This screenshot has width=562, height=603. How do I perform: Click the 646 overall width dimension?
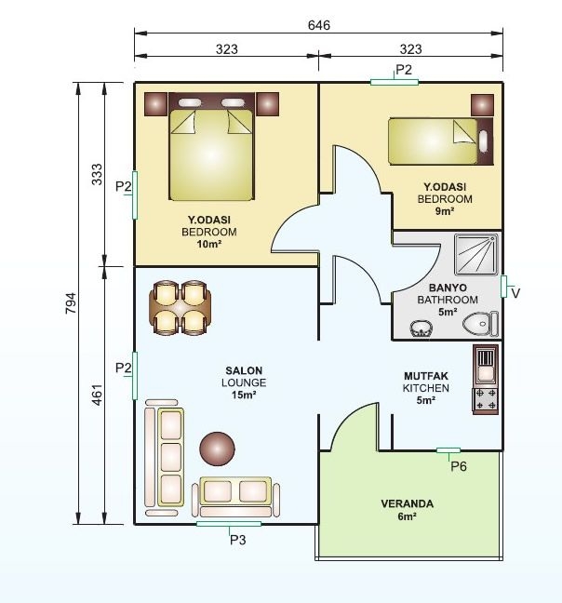click(x=318, y=25)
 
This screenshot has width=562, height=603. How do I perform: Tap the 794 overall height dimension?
click(x=71, y=303)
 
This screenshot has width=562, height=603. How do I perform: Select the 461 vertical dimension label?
click(x=98, y=395)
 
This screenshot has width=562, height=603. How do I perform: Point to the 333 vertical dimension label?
click(x=98, y=174)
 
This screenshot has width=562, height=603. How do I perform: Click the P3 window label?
click(x=237, y=540)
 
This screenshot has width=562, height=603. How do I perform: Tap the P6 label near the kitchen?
click(x=458, y=466)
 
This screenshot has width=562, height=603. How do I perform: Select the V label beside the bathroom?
click(x=515, y=293)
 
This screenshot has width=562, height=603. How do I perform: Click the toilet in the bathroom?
click(x=480, y=324)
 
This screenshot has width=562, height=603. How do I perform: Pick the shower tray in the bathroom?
click(x=475, y=254)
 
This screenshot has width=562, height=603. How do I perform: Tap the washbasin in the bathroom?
click(x=421, y=328)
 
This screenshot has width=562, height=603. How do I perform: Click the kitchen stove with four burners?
click(x=486, y=399)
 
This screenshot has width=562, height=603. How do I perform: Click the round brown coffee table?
click(x=217, y=449)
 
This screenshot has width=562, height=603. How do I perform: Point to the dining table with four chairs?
click(x=180, y=308)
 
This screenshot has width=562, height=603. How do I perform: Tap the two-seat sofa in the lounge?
click(x=235, y=497)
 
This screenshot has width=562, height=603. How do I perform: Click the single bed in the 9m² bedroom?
click(x=440, y=141)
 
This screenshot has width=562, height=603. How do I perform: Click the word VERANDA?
click(x=408, y=503)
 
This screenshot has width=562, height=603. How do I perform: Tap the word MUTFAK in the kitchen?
click(x=426, y=376)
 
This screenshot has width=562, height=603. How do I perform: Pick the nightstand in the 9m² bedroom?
click(x=482, y=105)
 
